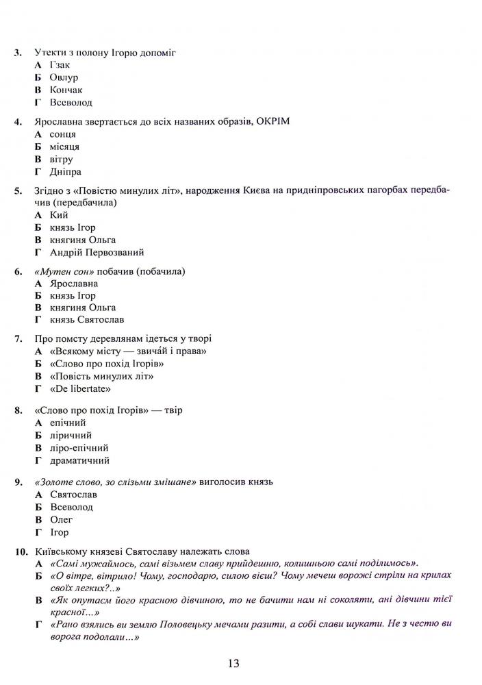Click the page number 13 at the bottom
(233, 663)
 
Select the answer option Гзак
(60, 65)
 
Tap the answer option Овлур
(64, 77)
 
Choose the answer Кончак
(66, 90)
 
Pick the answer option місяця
(64, 147)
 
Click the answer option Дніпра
(65, 171)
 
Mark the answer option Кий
(60, 215)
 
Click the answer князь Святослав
(86, 320)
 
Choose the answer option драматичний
(79, 460)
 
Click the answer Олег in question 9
(62, 520)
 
